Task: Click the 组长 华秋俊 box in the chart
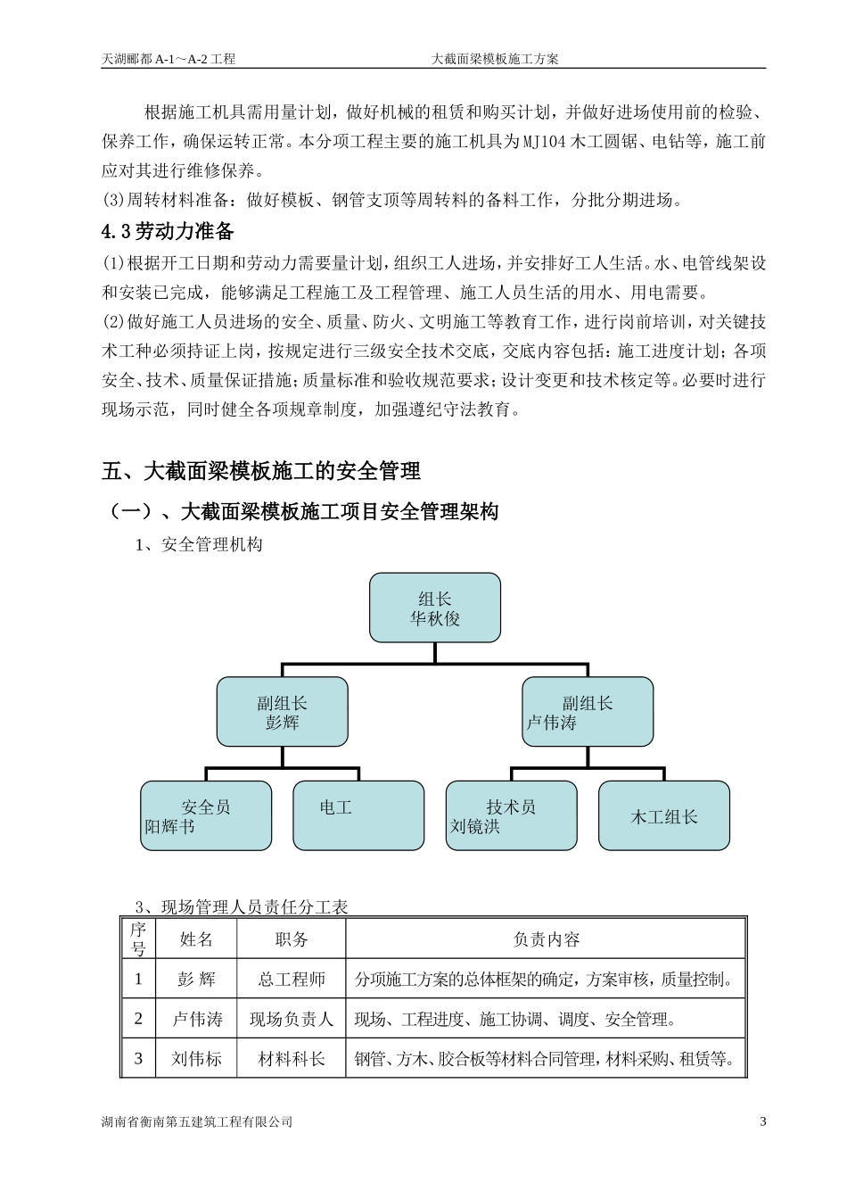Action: tap(435, 608)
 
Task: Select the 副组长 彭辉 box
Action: tap(282, 712)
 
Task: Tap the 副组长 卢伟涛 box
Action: tap(587, 712)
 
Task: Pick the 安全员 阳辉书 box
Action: tap(206, 816)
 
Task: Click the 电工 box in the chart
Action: tap(358, 816)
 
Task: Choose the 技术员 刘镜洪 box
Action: tap(511, 816)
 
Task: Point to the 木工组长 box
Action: tap(664, 816)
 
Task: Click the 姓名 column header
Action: tap(196, 939)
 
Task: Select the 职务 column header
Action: tap(292, 939)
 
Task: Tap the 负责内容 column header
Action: tap(546, 939)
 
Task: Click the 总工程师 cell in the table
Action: tap(292, 980)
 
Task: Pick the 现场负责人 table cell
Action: tap(292, 1019)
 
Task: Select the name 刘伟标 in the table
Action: tap(196, 1059)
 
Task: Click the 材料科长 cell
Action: tap(292, 1059)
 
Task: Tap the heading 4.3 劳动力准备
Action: tap(169, 232)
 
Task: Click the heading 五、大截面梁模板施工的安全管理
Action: tap(261, 470)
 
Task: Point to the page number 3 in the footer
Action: tap(762, 1121)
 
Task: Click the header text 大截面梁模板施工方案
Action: tap(495, 59)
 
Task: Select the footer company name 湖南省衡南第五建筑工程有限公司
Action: tap(197, 1121)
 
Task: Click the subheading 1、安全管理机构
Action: tap(199, 544)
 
